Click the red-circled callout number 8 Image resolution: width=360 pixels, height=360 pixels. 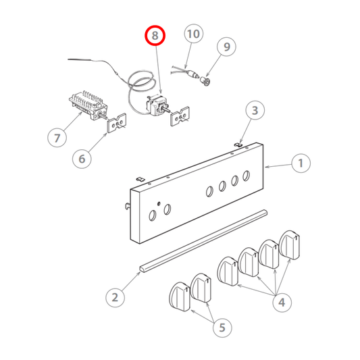tap(155, 34)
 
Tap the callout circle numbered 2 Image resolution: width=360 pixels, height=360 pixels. tap(255, 111)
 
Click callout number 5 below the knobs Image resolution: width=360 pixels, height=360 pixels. tap(82, 159)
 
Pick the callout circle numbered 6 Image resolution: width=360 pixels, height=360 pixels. tap(57, 138)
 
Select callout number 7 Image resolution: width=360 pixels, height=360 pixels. tap(226, 47)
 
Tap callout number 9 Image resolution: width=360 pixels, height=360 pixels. tap(193, 33)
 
